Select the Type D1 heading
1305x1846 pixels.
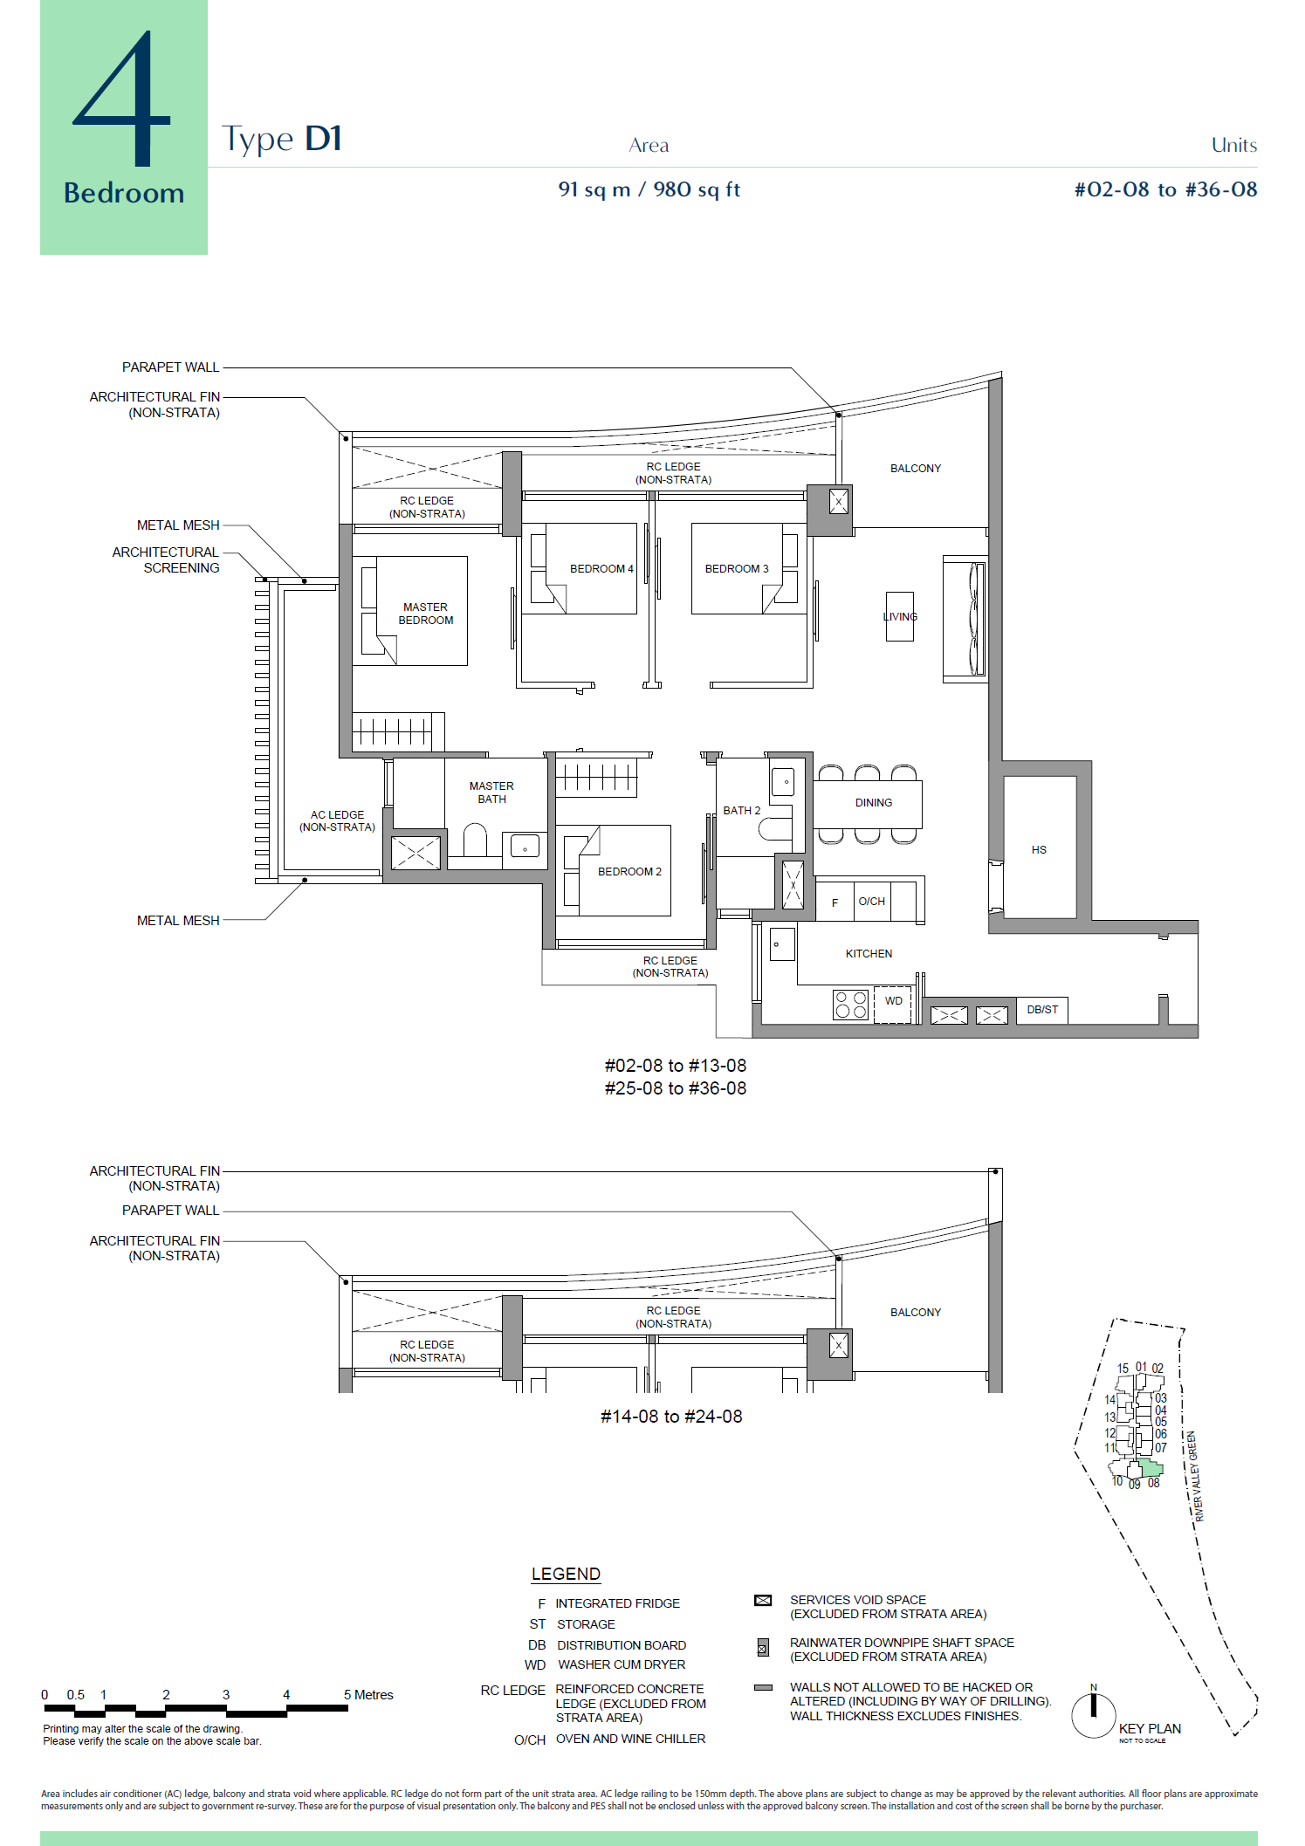tap(281, 139)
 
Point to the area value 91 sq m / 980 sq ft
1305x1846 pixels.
tap(649, 189)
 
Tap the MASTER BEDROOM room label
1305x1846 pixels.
tap(426, 614)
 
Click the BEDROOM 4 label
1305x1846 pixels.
tap(601, 569)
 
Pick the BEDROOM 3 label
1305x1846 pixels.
tap(737, 569)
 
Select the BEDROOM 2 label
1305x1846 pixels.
tap(629, 872)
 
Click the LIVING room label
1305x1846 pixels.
tap(900, 616)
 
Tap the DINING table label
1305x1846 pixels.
tap(874, 803)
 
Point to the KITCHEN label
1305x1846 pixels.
tap(869, 954)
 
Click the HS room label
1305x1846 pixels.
tap(1039, 850)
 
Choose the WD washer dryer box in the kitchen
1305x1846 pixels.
tap(893, 1003)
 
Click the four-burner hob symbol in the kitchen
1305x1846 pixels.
tap(850, 1005)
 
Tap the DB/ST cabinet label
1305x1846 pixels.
tap(1042, 1010)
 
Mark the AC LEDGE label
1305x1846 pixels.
tap(337, 821)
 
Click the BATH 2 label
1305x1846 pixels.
tap(742, 811)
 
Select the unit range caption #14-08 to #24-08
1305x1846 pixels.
tap(671, 1417)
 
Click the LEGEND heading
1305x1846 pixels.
tap(566, 1574)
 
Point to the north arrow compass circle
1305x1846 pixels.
tap(1094, 1715)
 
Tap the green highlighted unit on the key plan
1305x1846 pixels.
tap(1151, 1470)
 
